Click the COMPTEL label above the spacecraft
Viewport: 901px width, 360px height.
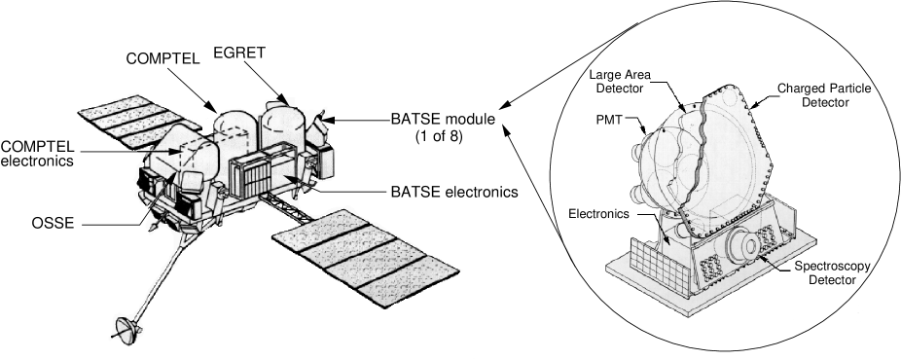162,58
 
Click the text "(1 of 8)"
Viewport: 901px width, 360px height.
433,135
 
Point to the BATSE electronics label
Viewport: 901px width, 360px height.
432,191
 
